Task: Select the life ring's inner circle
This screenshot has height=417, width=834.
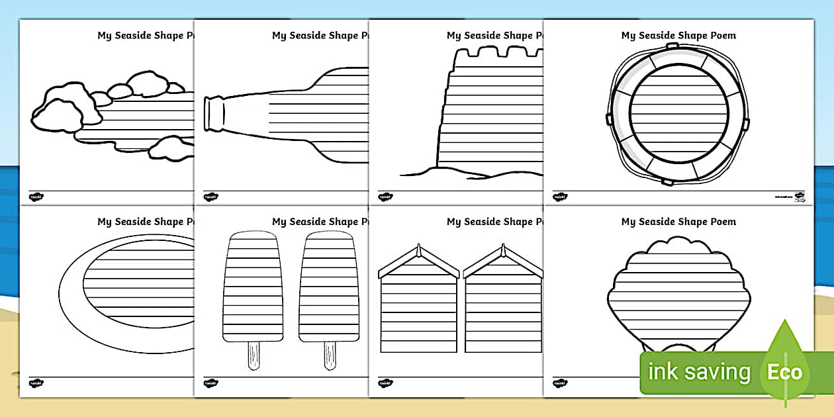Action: point(679,114)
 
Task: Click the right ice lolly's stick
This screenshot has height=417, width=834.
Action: point(329,355)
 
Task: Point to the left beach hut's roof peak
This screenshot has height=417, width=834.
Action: point(418,250)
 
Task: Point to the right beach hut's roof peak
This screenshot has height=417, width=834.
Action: point(503,250)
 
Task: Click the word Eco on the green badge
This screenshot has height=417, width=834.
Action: point(784,372)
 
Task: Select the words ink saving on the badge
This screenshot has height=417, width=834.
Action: point(699,372)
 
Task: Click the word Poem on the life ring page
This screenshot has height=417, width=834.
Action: point(721,36)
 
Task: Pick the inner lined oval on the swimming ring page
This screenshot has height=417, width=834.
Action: point(139,283)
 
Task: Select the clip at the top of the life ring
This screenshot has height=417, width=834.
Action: point(672,46)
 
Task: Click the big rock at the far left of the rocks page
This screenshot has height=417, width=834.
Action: point(56,116)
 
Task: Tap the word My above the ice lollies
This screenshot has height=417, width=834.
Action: point(279,222)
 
